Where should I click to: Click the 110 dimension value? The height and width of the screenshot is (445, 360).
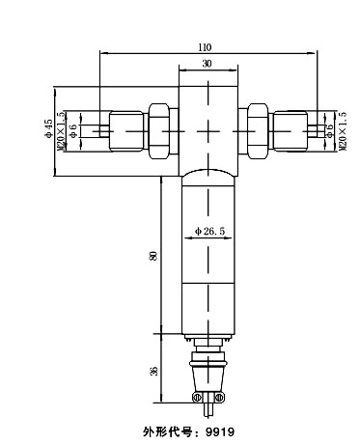coord(205,47)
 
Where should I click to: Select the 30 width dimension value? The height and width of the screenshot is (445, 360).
coord(208,64)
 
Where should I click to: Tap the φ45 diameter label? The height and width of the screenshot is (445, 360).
coord(48,128)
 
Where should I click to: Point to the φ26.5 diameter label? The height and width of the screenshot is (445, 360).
coord(209,231)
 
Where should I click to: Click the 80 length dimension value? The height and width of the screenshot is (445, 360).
coord(155,255)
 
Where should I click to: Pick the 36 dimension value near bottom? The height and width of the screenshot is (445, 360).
coord(155,371)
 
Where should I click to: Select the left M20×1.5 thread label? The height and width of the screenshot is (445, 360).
coord(61,131)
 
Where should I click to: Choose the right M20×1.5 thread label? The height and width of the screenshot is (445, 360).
coord(344,131)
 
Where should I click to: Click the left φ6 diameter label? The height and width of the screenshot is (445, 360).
coord(73,131)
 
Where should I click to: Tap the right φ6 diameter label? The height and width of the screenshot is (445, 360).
coord(330,131)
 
